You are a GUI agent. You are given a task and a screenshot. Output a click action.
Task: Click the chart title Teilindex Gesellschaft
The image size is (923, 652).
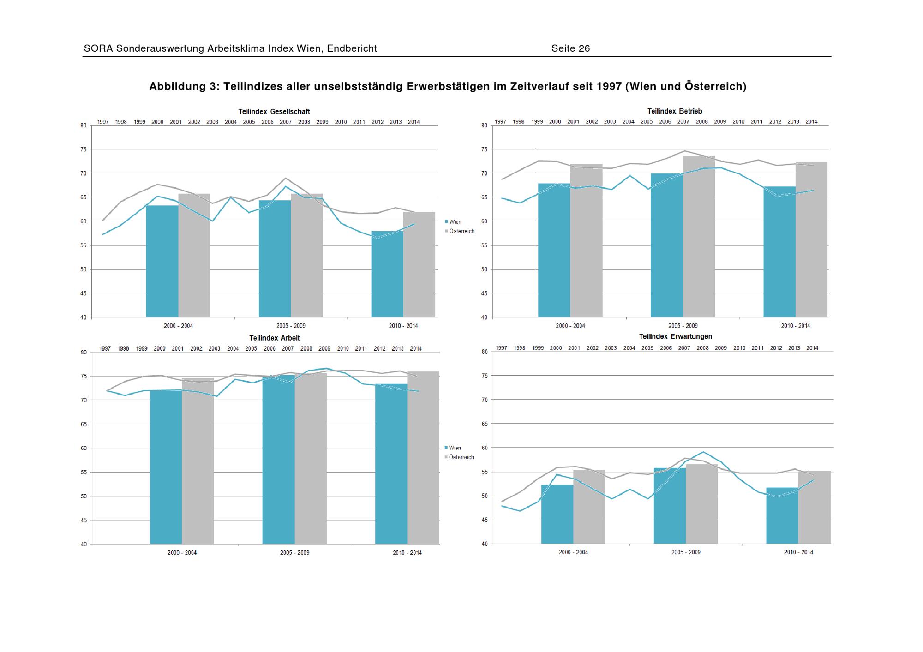[274, 112]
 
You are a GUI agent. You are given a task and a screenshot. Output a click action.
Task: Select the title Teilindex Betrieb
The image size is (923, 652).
[674, 111]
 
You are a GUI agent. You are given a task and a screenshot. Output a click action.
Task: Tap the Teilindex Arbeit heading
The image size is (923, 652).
[274, 338]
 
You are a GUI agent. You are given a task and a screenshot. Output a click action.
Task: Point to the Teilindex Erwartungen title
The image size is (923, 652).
[675, 336]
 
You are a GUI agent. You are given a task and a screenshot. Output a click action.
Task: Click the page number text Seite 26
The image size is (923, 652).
[570, 48]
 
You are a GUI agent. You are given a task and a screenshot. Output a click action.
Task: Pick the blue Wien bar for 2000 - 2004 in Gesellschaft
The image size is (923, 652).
[162, 261]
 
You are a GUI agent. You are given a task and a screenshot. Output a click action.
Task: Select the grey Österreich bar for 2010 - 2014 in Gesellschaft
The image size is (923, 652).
[419, 264]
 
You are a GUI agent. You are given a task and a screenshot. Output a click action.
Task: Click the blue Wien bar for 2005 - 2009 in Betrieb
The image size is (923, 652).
[666, 245]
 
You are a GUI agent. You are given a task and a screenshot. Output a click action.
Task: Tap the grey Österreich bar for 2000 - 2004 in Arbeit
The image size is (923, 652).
[198, 461]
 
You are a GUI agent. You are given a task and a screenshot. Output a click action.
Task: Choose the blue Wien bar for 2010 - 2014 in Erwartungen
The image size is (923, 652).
[782, 515]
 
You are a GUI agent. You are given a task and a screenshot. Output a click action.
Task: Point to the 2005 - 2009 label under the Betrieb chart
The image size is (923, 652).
[683, 326]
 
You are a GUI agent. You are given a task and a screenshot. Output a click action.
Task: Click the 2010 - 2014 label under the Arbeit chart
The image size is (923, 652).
[407, 552]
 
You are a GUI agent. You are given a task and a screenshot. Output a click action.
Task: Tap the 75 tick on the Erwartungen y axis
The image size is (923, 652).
[485, 376]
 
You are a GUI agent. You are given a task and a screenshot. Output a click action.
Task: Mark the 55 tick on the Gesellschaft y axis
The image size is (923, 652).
[83, 245]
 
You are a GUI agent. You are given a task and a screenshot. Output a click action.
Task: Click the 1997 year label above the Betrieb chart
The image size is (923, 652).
[500, 122]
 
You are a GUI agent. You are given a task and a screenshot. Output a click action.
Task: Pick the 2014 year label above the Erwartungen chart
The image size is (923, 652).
[812, 348]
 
